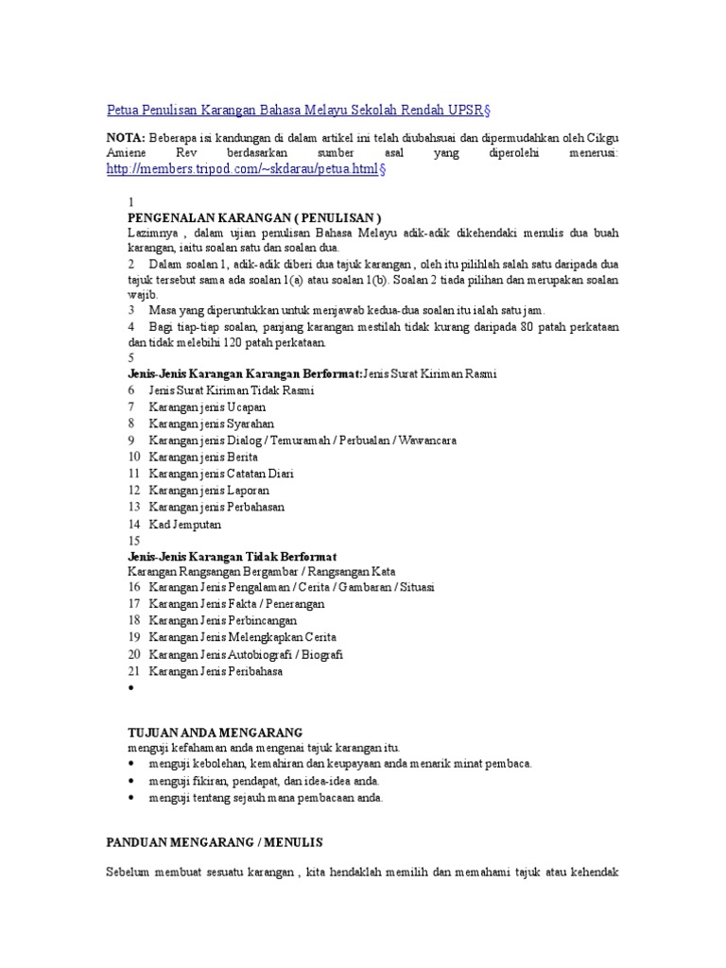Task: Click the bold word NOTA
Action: tap(125, 137)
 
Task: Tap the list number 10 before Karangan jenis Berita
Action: tap(134, 457)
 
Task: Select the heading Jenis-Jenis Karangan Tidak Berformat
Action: tap(232, 556)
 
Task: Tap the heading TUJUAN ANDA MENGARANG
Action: tap(215, 732)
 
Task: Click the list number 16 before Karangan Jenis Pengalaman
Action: tap(134, 587)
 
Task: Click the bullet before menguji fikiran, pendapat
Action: tap(130, 782)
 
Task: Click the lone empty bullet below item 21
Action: tap(130, 689)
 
